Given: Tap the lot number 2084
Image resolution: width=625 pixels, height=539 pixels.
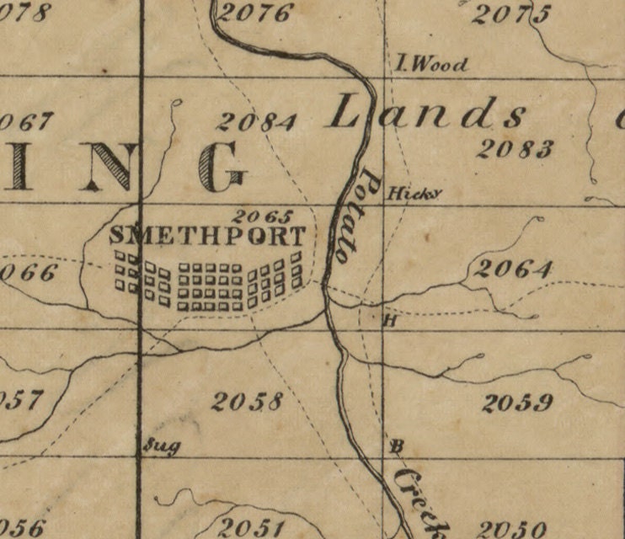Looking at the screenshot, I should click(x=256, y=122).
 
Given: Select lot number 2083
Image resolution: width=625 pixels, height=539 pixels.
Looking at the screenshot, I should click(x=515, y=149).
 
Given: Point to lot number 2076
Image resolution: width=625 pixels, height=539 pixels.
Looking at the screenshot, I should click(x=255, y=13).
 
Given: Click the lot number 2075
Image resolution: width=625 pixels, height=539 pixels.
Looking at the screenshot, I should click(x=512, y=14).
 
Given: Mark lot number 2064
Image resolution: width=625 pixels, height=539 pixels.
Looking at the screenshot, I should click(x=512, y=269).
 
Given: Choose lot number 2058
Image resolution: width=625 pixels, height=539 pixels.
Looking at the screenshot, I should click(x=247, y=402).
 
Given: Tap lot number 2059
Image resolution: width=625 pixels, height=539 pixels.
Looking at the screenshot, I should click(x=517, y=403).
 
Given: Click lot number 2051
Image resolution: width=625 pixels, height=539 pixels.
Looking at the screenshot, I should click(x=251, y=527).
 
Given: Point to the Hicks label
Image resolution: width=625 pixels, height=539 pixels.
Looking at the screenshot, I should click(x=413, y=194).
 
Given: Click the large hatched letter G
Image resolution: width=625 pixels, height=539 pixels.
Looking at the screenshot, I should click(x=223, y=166).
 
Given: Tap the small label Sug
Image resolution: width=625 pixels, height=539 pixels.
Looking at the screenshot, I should click(x=162, y=446).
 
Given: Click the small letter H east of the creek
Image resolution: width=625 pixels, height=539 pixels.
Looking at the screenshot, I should click(x=390, y=320).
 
